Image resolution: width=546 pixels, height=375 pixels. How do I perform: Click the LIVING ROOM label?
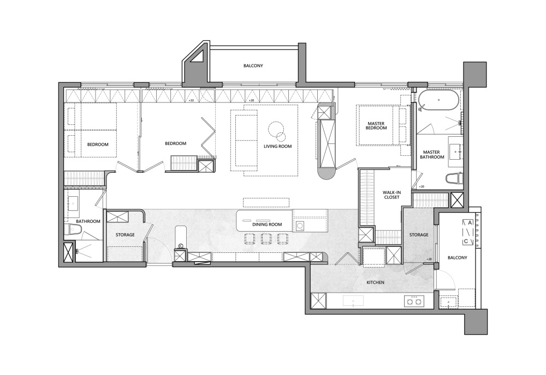click(x=277, y=146)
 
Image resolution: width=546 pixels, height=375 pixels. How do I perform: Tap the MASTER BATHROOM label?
click(x=432, y=155)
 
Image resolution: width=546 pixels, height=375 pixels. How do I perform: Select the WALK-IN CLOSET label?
click(x=391, y=195)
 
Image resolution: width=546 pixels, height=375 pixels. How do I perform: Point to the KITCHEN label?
click(x=376, y=282)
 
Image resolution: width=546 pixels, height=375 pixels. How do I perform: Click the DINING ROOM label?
click(x=268, y=225)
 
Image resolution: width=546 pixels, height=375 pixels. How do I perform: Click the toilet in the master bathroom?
click(x=454, y=179)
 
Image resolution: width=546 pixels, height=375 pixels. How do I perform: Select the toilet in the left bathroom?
click(x=73, y=229)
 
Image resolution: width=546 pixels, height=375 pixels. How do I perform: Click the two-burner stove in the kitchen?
click(x=414, y=301)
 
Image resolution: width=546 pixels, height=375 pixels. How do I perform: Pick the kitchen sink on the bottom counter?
click(x=353, y=301)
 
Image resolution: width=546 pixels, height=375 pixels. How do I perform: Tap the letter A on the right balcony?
click(x=470, y=222)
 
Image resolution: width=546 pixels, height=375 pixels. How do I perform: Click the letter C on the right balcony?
click(x=466, y=241)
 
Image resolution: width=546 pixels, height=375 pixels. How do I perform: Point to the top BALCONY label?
click(x=253, y=66)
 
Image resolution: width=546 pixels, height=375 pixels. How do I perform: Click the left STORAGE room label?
click(x=125, y=235)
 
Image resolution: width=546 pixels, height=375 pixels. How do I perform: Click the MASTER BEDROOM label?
click(x=376, y=126)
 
